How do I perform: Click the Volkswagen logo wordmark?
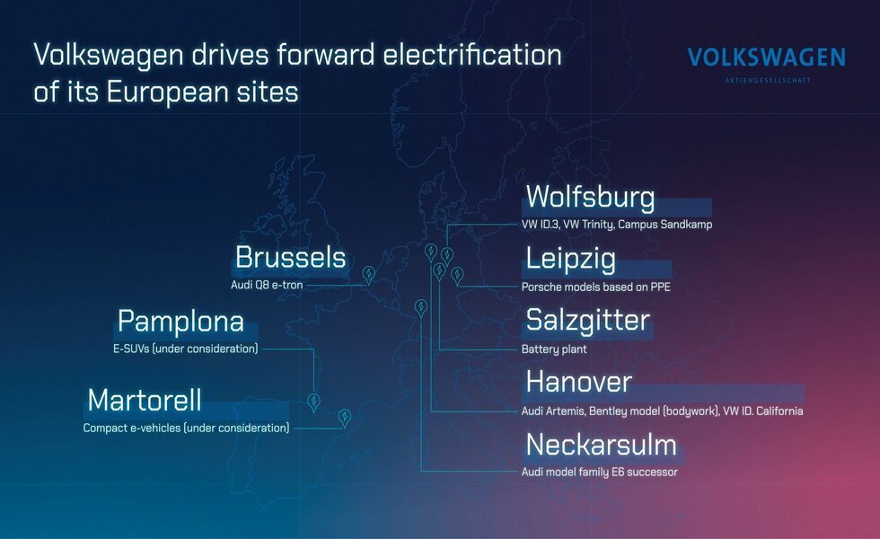766,57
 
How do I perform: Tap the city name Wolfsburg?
590,197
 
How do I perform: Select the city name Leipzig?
570,260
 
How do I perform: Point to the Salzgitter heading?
587,322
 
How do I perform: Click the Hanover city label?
578,382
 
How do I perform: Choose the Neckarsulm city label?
601,445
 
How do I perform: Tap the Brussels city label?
290,257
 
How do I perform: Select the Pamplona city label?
180,322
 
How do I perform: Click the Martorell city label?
145,401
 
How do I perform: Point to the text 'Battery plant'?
554,349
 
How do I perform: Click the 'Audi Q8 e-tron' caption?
267,285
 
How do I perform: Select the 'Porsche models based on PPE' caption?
595,287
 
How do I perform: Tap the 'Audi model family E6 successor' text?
600,473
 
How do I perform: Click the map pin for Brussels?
368,275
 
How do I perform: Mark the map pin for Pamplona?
313,402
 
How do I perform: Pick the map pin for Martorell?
345,417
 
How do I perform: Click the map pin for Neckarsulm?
420,308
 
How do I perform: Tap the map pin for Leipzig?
457,275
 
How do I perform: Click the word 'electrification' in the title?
472,55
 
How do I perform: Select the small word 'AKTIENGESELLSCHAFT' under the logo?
768,80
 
